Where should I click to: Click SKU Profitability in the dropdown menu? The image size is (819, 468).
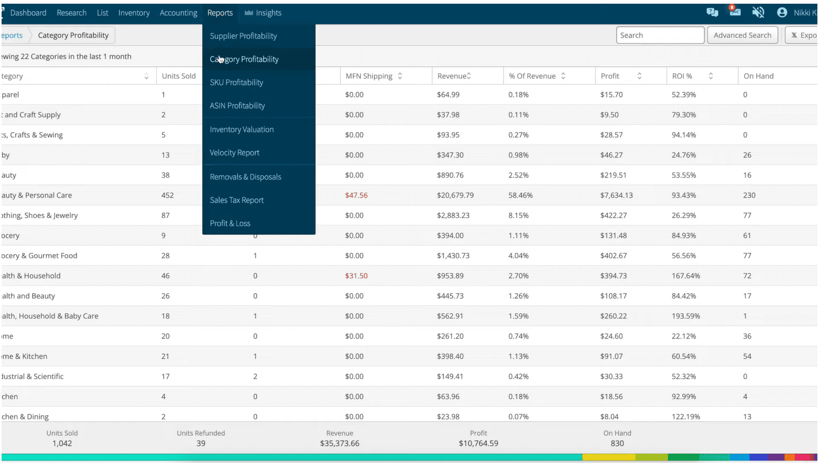[x=236, y=82]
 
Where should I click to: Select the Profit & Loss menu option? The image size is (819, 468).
[x=230, y=223]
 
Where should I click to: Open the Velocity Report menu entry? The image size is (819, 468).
[x=234, y=153]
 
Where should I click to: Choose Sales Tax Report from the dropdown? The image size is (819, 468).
[x=237, y=200]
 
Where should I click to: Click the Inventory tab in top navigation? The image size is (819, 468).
[x=134, y=13]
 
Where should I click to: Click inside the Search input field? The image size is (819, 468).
[x=660, y=35]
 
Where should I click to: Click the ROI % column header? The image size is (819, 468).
[x=682, y=76]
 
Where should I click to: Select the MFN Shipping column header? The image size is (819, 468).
[x=369, y=76]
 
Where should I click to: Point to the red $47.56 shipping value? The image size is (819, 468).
[x=356, y=195]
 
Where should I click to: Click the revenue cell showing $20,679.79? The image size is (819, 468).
[x=455, y=195]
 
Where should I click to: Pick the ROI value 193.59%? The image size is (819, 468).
[x=685, y=316]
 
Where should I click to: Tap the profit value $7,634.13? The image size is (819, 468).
[x=616, y=195]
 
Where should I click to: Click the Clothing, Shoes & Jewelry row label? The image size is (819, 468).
[x=40, y=216]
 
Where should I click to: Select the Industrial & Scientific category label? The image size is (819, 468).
[x=32, y=377]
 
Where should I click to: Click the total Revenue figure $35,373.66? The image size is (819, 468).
[x=340, y=443]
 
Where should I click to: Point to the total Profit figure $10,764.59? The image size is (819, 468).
[x=478, y=443]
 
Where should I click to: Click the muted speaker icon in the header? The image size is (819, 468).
[x=758, y=12]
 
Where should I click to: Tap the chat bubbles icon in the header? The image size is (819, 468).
[x=712, y=12]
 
